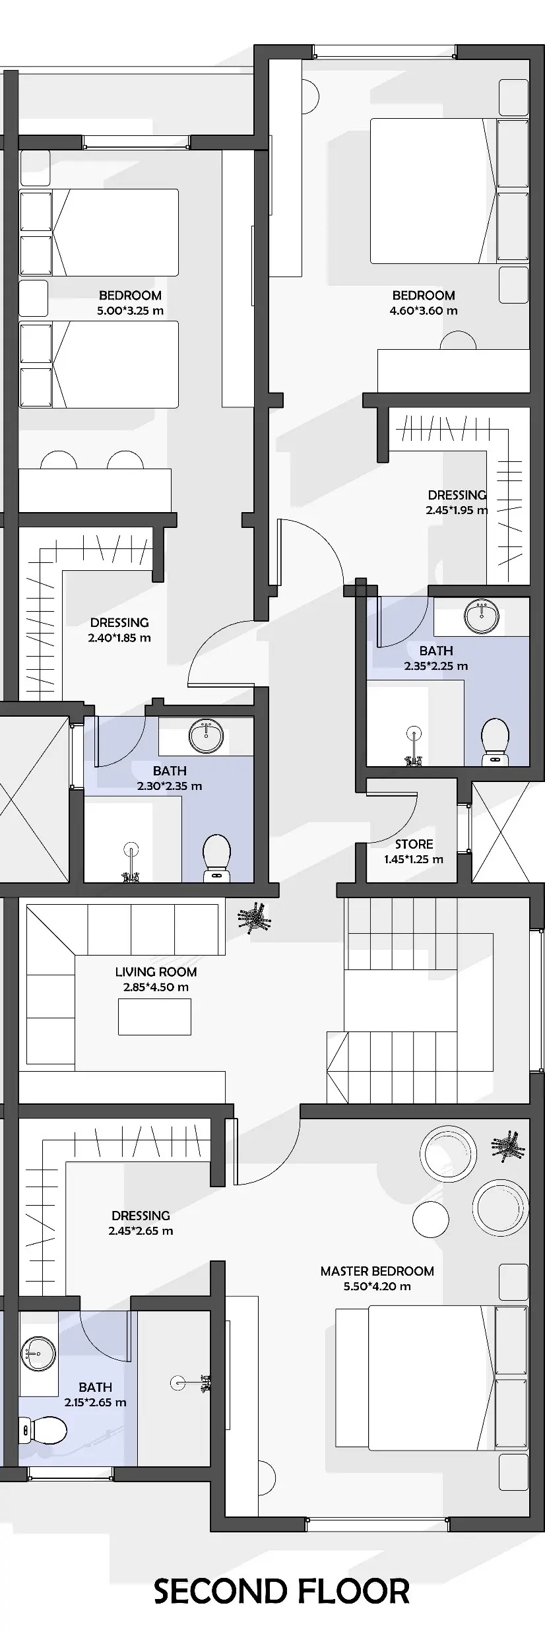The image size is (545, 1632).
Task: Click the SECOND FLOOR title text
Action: tap(282, 1591)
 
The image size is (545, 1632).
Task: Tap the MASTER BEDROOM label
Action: tap(377, 1271)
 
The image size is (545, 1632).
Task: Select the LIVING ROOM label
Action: tap(156, 971)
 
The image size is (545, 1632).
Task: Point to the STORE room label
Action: tap(414, 844)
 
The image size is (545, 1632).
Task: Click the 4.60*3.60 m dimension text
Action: tap(423, 311)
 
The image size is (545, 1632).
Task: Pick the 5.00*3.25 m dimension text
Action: tap(130, 311)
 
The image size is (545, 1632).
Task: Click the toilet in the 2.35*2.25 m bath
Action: tap(495, 742)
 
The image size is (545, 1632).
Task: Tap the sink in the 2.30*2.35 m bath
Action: tap(206, 736)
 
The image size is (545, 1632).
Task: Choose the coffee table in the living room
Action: tap(154, 1016)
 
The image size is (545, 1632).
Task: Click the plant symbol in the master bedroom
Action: tap(508, 1147)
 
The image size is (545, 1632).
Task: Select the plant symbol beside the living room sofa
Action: tap(254, 917)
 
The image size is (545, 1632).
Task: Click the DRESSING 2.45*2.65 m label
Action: tap(141, 1223)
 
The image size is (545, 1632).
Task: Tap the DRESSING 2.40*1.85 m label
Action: tap(119, 630)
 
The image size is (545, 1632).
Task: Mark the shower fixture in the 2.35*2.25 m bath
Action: tap(414, 746)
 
